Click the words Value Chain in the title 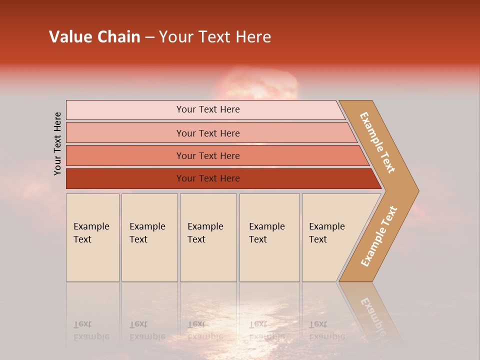point(94,37)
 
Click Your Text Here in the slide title point(215,37)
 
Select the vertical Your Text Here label point(57,143)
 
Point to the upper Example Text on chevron point(378,142)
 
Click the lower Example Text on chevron point(379,236)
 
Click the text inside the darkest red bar point(208,178)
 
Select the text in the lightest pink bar point(208,109)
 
